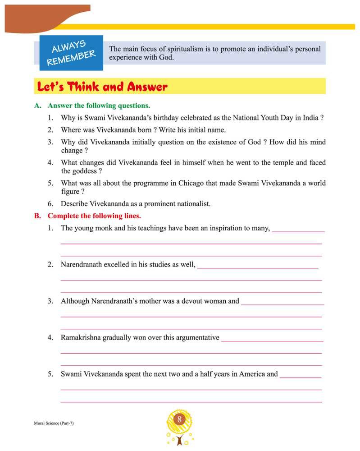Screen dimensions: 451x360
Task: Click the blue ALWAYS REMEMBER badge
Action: coord(71,53)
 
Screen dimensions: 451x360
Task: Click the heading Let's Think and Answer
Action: coord(102,87)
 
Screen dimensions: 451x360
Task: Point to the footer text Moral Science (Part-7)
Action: coord(54,423)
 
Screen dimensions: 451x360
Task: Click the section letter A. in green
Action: coord(38,106)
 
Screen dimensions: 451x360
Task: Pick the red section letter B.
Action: coord(38,216)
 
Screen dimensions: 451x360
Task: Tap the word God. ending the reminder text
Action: coord(166,57)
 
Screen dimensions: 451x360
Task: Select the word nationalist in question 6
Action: coord(193,204)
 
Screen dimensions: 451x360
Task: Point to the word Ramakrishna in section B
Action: coord(81,337)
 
